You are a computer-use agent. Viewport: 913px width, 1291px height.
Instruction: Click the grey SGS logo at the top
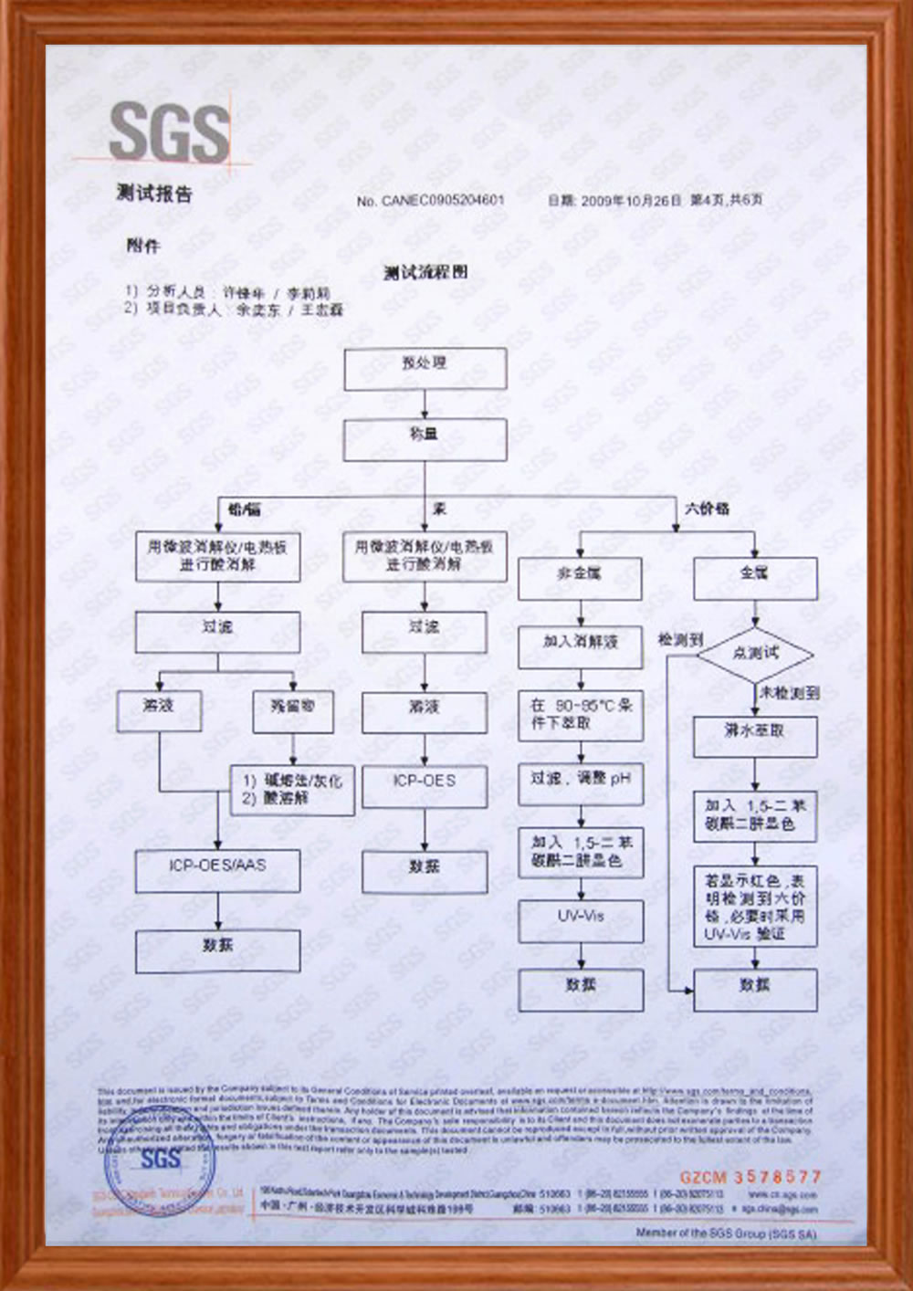click(x=169, y=133)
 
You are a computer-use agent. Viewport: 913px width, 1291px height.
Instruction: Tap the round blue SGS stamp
click(x=160, y=1168)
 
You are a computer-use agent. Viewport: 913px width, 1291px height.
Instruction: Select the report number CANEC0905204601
click(x=442, y=200)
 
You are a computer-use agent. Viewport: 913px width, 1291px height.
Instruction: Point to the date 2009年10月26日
click(x=631, y=200)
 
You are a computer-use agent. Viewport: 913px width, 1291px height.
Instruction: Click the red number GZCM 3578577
click(x=750, y=1177)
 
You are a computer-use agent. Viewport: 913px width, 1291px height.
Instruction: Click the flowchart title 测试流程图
click(x=425, y=272)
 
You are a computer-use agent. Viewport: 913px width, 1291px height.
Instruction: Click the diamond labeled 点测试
click(x=755, y=654)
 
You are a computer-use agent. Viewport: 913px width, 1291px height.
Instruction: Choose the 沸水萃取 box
click(x=755, y=736)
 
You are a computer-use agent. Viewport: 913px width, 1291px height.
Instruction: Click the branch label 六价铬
click(x=707, y=509)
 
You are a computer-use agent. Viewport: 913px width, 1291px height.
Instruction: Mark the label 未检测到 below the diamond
click(x=790, y=693)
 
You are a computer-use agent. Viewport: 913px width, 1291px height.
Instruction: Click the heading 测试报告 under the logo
click(x=154, y=194)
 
